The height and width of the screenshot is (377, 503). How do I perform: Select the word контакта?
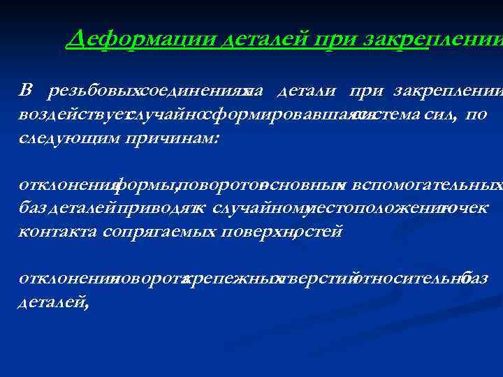click(x=57, y=232)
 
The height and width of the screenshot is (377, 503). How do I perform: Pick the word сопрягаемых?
click(x=159, y=232)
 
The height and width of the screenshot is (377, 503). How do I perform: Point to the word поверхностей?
click(x=281, y=232)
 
